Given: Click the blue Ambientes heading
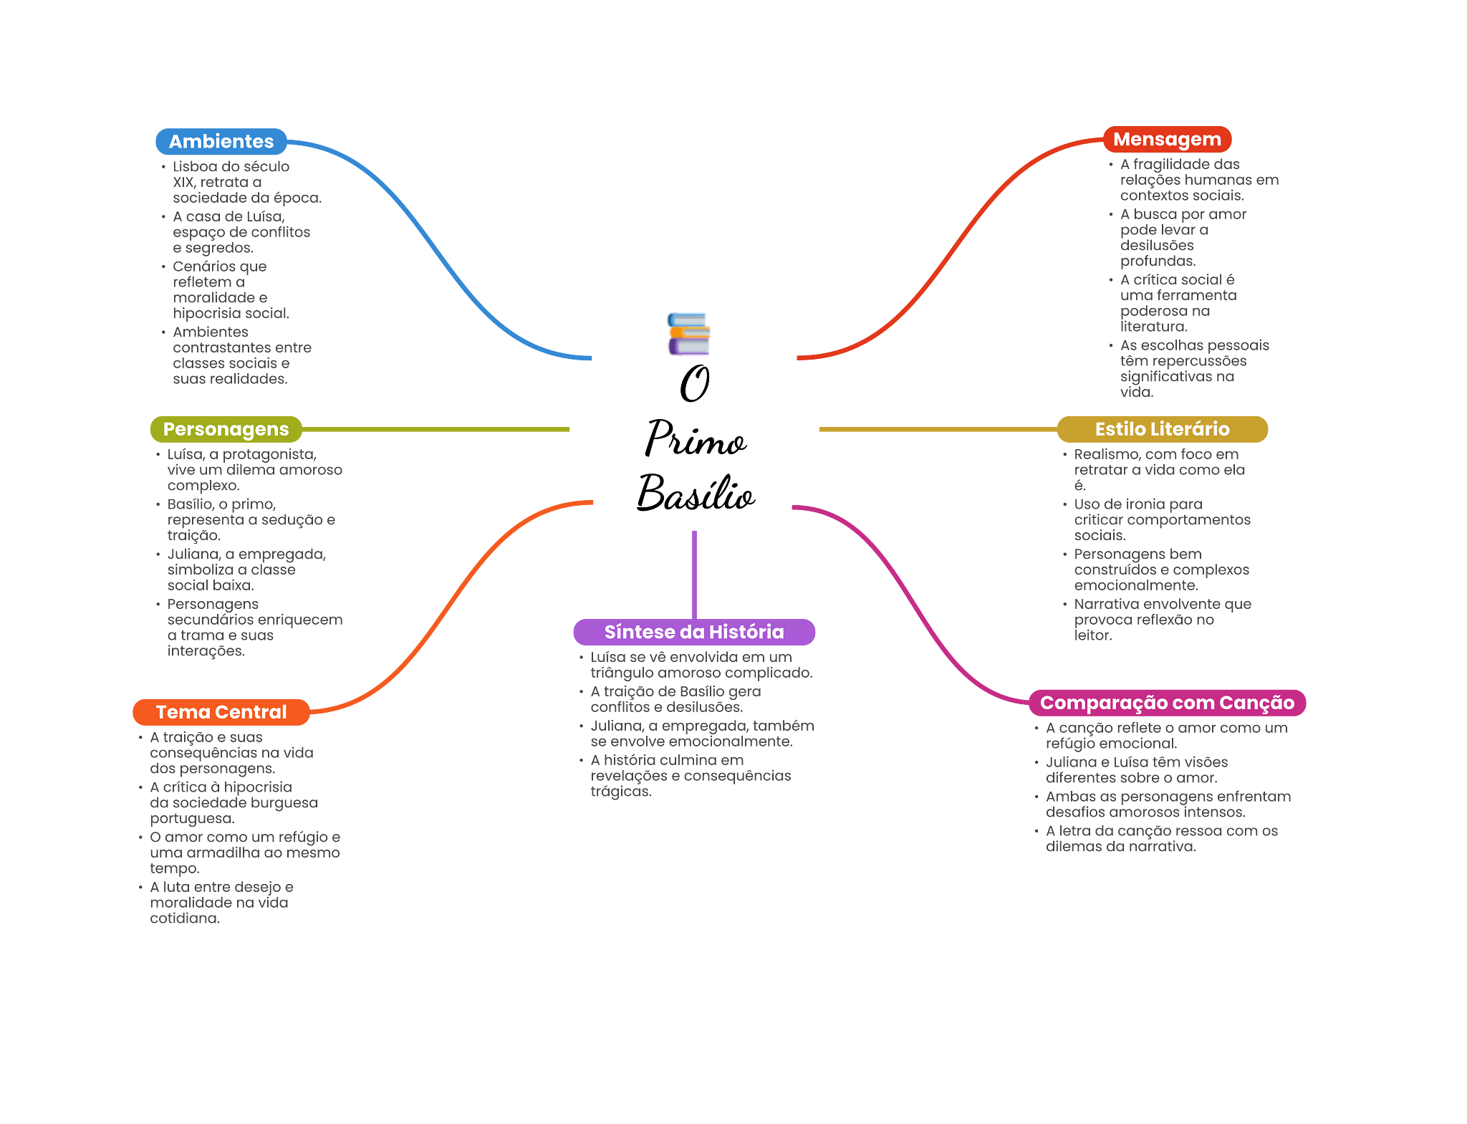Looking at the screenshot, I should tap(221, 142).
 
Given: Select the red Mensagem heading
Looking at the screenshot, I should tap(1167, 140).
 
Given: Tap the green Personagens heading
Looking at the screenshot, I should tap(226, 429).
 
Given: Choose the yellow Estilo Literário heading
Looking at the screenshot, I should tap(1162, 429).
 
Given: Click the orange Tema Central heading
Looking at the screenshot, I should tap(221, 712).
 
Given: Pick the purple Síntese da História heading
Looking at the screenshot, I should tap(694, 632).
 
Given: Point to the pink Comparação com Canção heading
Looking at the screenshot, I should tap(1167, 703).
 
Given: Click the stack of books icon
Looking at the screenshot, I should tap(688, 333).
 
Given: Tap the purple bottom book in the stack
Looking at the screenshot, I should tap(688, 347).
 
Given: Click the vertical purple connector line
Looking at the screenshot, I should tap(694, 573).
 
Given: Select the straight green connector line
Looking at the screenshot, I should tap(437, 429).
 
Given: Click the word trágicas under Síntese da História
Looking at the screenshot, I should tap(620, 792).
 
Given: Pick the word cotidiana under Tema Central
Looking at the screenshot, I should tap(184, 918).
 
